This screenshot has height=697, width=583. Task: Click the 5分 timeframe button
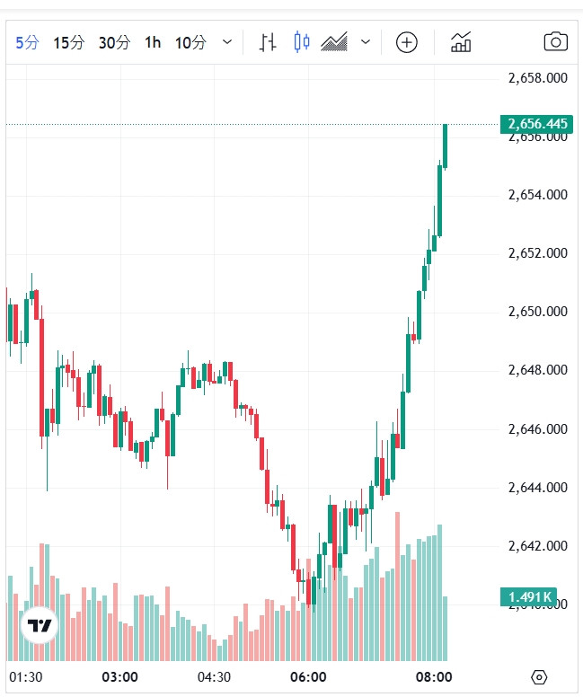[x=27, y=42]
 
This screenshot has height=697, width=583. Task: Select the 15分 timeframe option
[x=68, y=42]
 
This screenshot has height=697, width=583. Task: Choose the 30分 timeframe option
[x=114, y=42]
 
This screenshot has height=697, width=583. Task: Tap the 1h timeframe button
[x=153, y=42]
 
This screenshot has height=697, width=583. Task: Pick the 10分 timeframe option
[x=190, y=42]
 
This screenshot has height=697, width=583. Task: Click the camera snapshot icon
[x=556, y=42]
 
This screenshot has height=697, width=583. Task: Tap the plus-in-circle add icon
[x=407, y=42]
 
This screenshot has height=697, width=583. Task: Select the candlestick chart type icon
[x=301, y=42]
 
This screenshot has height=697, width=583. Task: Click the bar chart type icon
[x=268, y=42]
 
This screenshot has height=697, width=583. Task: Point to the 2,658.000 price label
[x=537, y=78]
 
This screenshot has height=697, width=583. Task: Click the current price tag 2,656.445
[x=537, y=124]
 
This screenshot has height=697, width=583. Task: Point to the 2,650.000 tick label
[x=537, y=312]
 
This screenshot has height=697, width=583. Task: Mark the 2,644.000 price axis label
[x=537, y=488]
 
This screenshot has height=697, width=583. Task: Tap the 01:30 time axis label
[x=26, y=676]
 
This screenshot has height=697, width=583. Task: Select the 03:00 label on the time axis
[x=119, y=676]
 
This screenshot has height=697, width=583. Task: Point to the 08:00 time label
[x=434, y=676]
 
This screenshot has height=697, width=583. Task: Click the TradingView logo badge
[x=39, y=626]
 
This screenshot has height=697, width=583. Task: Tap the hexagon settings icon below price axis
[x=539, y=676]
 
